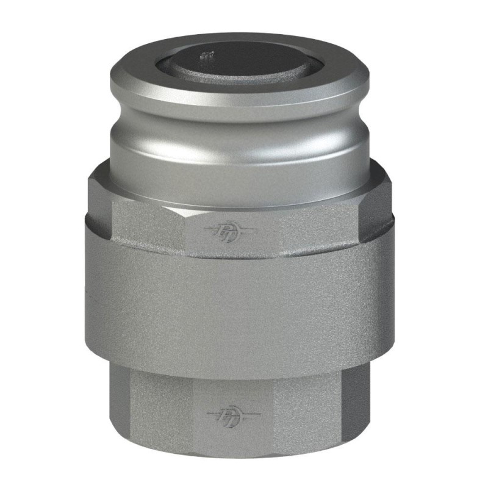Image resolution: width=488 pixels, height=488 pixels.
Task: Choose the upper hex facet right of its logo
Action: [x=317, y=226]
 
